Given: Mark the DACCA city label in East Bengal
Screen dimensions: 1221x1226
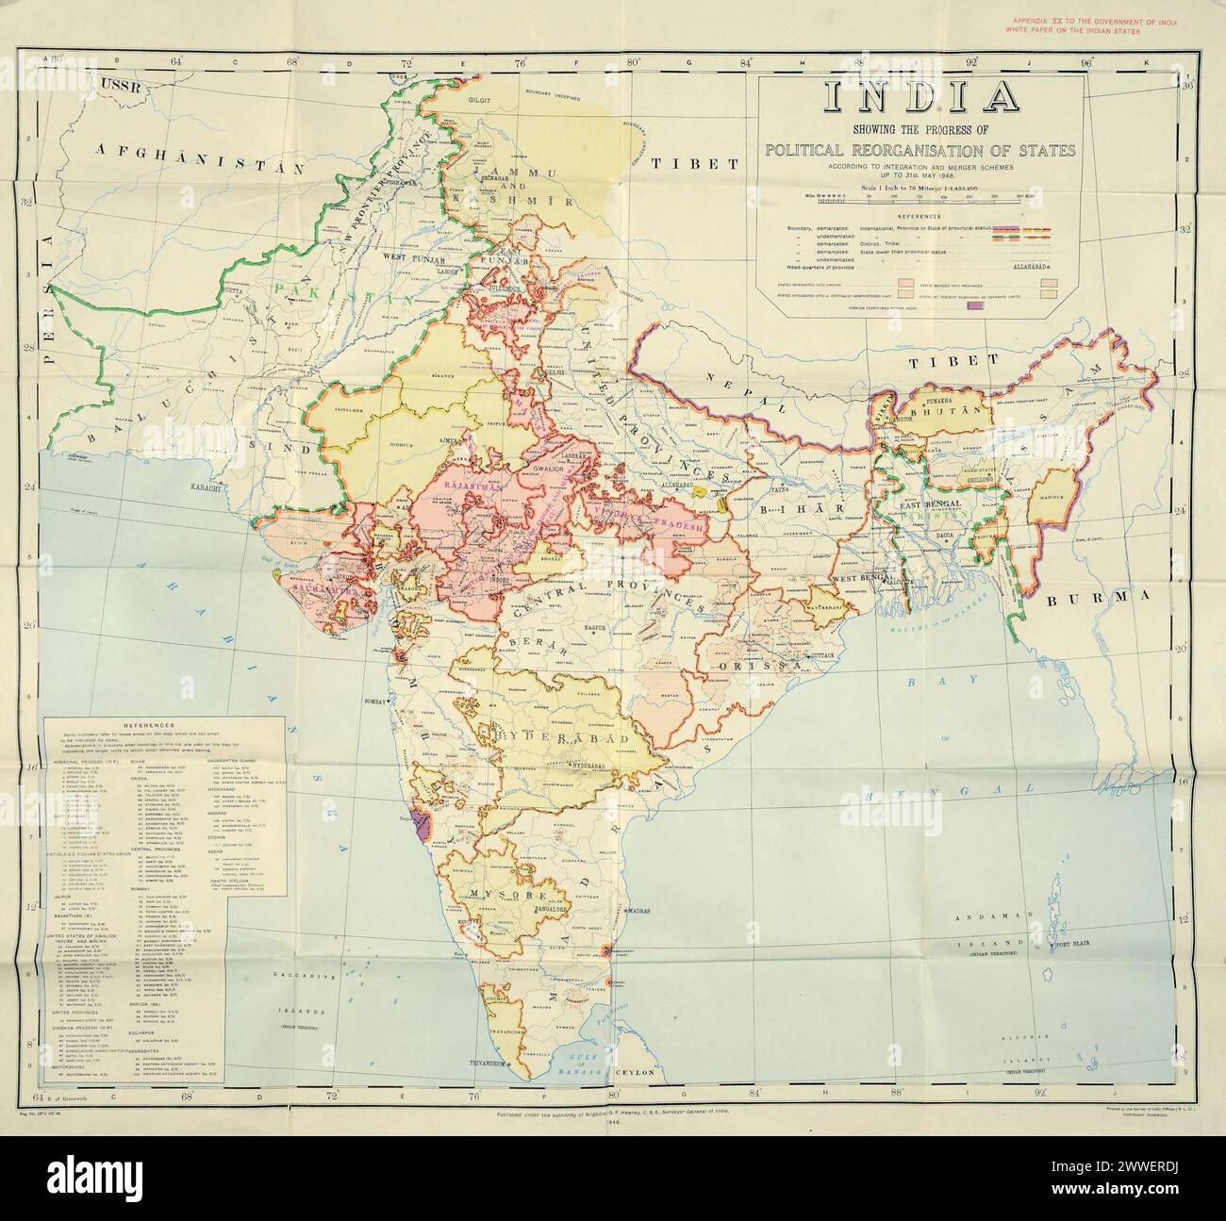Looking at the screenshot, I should [945, 535].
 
